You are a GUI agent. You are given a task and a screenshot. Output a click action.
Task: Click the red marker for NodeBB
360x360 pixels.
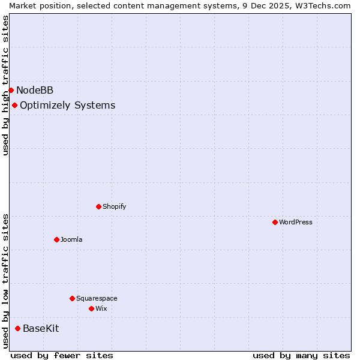(11, 90)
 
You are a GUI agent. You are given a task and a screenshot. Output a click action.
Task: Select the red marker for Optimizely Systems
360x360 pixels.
(14, 105)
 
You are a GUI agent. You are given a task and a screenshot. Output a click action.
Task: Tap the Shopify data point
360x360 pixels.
(98, 206)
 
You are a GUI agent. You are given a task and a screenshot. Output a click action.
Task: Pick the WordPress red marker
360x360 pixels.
(275, 222)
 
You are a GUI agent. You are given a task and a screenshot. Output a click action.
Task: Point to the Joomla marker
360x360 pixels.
(56, 239)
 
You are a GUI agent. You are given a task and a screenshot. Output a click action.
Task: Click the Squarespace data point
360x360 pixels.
(72, 298)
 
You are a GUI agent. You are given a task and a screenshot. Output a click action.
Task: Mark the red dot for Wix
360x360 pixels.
(91, 308)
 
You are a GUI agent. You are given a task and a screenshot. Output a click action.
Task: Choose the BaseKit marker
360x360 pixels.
(17, 328)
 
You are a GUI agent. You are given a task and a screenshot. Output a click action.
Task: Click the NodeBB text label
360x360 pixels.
(35, 91)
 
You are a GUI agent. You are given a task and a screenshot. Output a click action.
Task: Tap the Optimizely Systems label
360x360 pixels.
(67, 106)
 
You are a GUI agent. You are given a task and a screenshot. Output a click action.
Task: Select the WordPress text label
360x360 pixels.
(296, 222)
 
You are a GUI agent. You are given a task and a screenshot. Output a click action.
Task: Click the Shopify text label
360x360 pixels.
(114, 206)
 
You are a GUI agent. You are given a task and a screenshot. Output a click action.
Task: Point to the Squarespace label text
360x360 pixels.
(97, 298)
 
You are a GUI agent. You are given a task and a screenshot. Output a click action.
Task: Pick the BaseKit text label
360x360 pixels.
(41, 329)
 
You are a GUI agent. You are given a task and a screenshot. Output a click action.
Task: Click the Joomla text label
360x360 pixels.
(71, 239)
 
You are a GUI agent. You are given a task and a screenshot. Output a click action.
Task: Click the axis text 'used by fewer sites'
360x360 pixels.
(62, 355)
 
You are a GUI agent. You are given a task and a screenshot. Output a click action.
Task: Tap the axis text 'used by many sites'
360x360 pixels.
(301, 355)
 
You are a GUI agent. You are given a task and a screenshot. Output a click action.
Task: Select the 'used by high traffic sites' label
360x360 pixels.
(5, 85)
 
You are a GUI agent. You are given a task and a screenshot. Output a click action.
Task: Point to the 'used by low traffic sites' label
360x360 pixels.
(5, 280)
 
